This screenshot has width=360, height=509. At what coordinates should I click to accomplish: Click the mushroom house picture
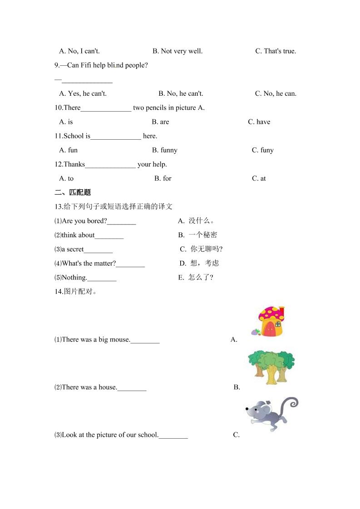point(271,322)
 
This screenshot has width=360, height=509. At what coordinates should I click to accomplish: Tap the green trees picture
point(271,366)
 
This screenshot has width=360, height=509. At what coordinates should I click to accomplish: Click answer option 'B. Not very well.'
point(178,51)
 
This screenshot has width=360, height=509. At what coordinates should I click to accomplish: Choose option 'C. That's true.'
point(276,51)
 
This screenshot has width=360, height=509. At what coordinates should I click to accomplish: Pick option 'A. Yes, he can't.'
point(83,94)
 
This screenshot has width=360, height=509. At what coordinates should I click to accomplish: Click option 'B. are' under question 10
point(160,122)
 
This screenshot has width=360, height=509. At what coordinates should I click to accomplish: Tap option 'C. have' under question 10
point(259,122)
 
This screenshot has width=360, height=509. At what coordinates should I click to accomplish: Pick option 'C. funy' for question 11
point(263,150)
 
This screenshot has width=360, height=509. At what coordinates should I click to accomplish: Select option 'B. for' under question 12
point(163,179)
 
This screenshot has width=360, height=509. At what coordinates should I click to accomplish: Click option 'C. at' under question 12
point(259,179)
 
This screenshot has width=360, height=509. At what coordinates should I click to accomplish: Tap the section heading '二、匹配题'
point(72,192)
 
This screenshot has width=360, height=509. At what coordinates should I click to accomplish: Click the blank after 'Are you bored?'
point(122,221)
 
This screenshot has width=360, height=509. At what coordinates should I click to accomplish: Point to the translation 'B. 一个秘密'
point(197,235)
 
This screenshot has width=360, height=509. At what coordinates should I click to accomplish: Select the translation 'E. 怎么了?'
point(196,278)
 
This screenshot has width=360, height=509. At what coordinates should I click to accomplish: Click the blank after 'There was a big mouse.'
point(145,340)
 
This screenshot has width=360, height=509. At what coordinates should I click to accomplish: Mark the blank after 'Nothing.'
point(102,278)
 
